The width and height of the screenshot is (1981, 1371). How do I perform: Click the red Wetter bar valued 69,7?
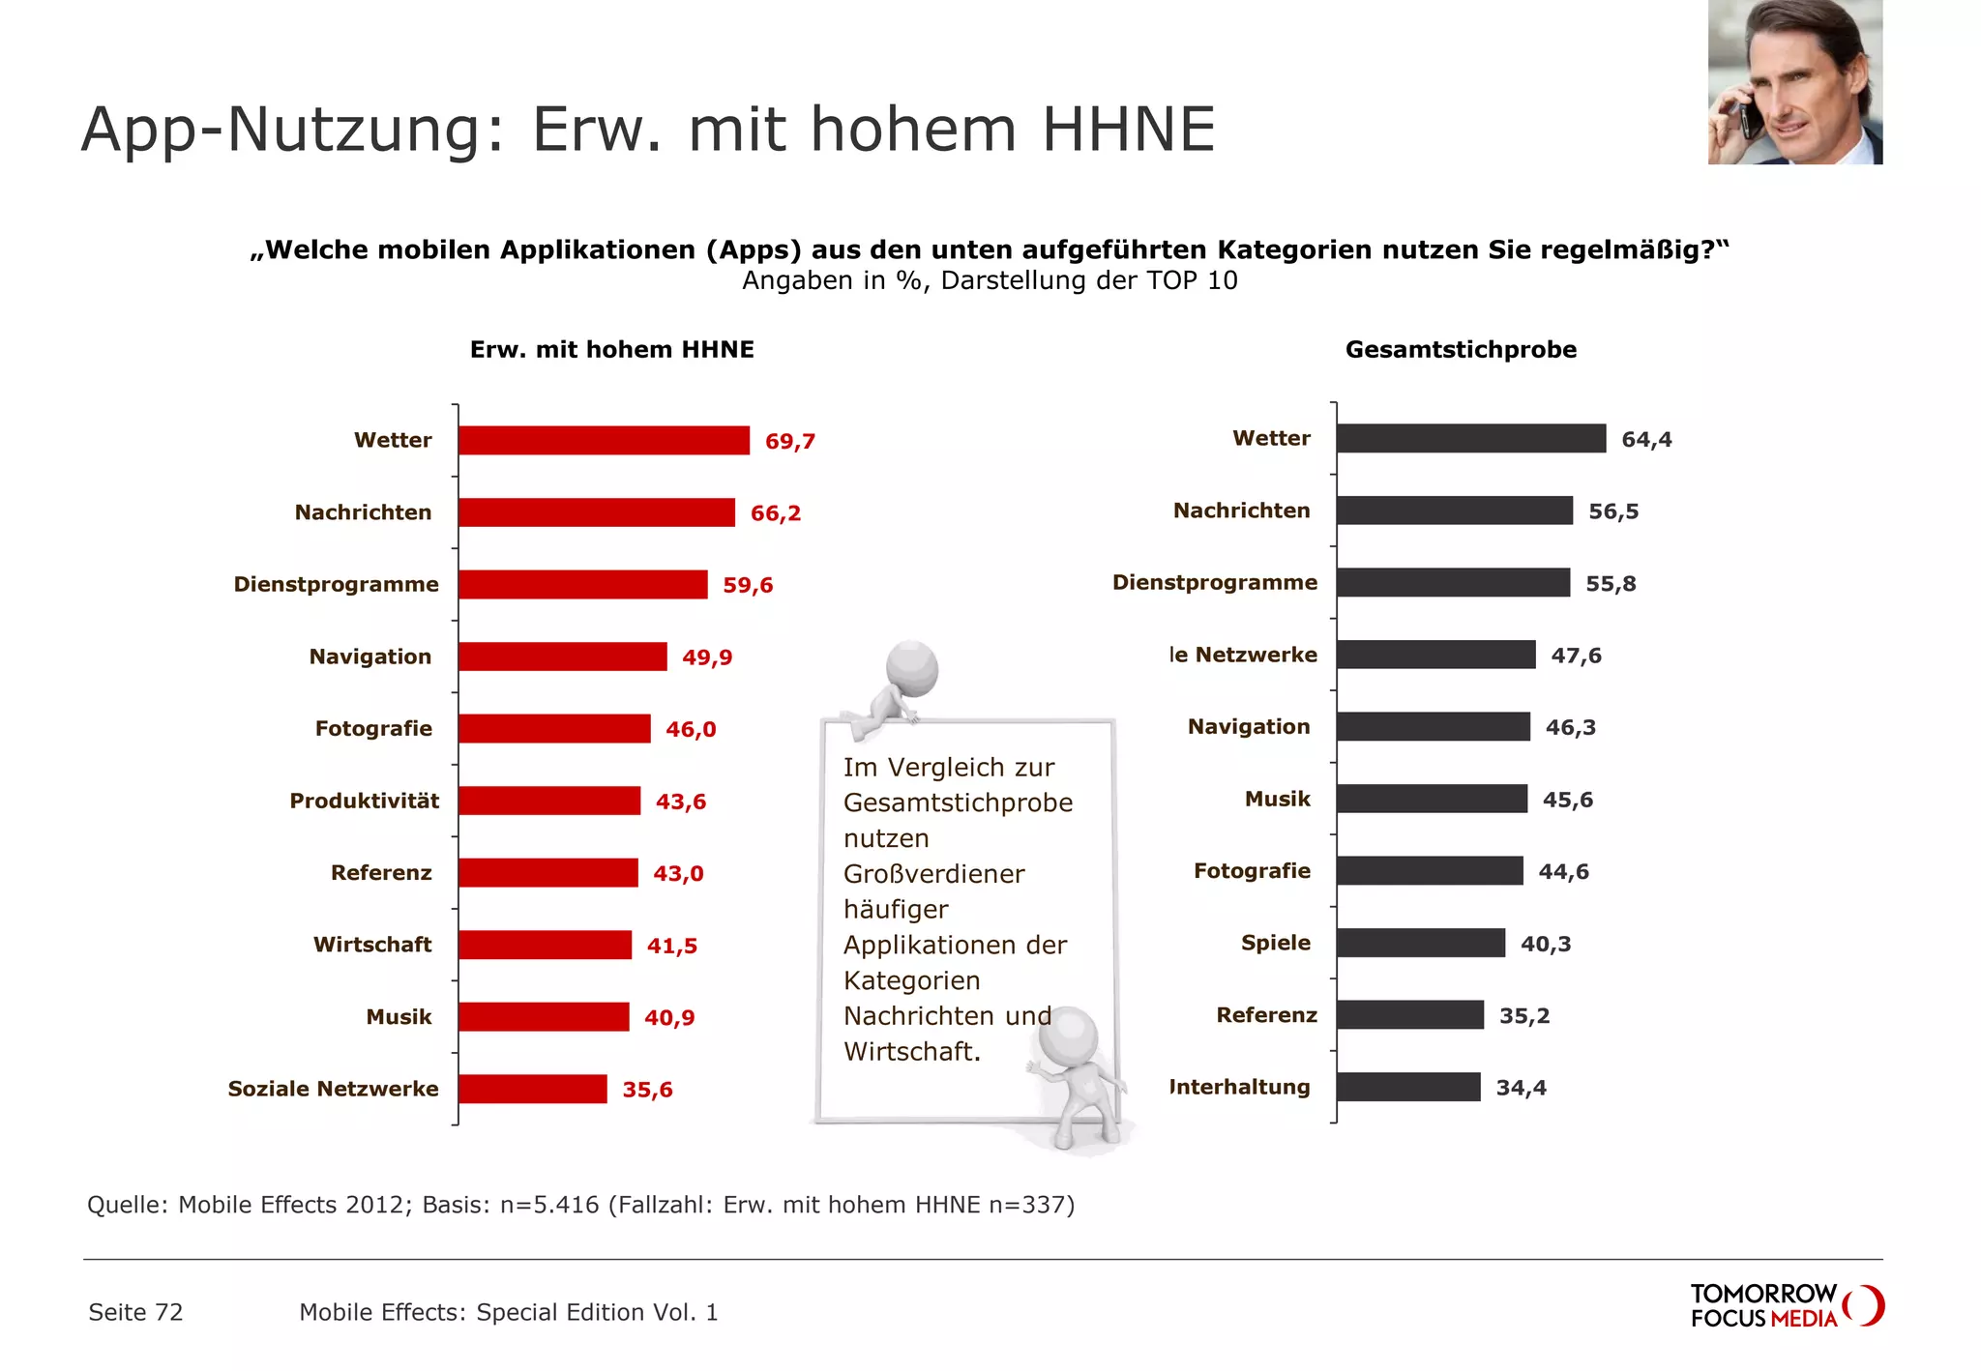[x=604, y=440]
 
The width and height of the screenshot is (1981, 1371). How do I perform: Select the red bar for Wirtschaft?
[x=545, y=945]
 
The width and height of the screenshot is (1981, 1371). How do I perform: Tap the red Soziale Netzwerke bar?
[x=532, y=1089]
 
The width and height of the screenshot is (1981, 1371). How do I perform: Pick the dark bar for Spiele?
[x=1420, y=943]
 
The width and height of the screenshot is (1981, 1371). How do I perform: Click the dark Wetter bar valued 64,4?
[x=1470, y=438]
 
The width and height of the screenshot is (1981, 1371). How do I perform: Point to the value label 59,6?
[x=748, y=585]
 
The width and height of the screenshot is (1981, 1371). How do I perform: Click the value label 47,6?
[x=1576, y=656]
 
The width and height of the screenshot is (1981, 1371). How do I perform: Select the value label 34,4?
[x=1521, y=1088]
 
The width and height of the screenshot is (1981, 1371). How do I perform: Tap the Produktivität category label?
[x=364, y=801]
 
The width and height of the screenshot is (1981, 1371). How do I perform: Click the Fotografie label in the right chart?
[x=1252, y=870]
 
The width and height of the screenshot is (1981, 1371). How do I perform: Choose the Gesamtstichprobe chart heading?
[x=1461, y=349]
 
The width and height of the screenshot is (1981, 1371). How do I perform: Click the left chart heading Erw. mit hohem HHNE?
[x=611, y=349]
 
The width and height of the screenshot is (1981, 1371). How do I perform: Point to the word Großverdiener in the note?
[x=933, y=873]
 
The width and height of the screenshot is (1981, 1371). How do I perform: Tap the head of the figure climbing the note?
[x=911, y=666]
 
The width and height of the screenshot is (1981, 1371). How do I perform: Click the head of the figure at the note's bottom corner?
[x=1068, y=1036]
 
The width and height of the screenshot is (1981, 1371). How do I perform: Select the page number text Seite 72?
[x=135, y=1312]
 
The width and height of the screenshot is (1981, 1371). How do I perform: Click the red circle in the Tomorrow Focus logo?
[x=1866, y=1305]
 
